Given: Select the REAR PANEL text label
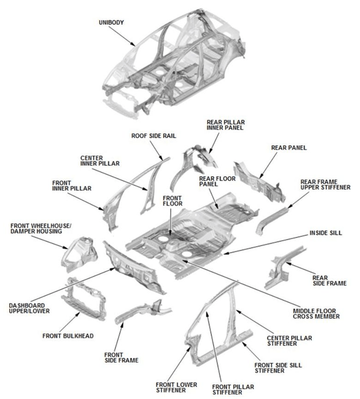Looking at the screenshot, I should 289,148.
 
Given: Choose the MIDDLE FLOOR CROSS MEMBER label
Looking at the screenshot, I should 315,314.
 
